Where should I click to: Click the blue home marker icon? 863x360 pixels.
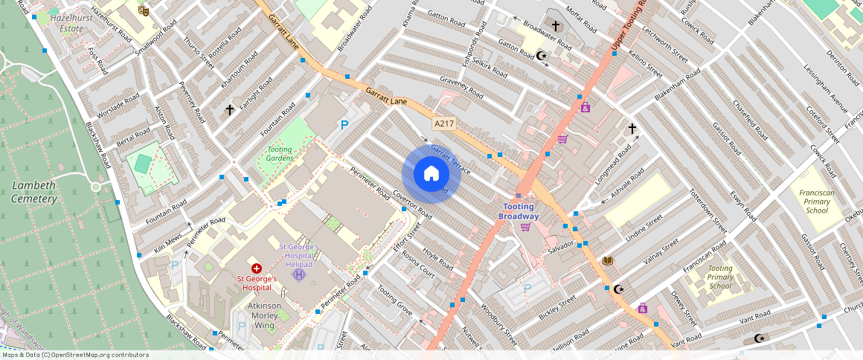click(x=431, y=174)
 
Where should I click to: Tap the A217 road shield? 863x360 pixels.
click(x=444, y=124)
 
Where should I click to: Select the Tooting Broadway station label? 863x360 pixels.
click(x=519, y=210)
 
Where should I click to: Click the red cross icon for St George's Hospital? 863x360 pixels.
click(x=257, y=268)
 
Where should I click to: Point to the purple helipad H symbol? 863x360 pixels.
click(x=299, y=274)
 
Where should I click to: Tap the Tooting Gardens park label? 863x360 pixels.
click(x=280, y=153)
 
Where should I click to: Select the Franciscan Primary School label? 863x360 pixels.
click(x=816, y=201)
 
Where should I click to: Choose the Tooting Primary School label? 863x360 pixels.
click(x=719, y=277)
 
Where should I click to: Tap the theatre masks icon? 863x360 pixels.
click(x=144, y=10)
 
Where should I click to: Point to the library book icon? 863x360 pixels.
click(x=608, y=260)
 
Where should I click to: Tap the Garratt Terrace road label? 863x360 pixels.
click(x=450, y=158)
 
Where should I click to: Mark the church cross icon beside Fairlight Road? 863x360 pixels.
click(x=230, y=110)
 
